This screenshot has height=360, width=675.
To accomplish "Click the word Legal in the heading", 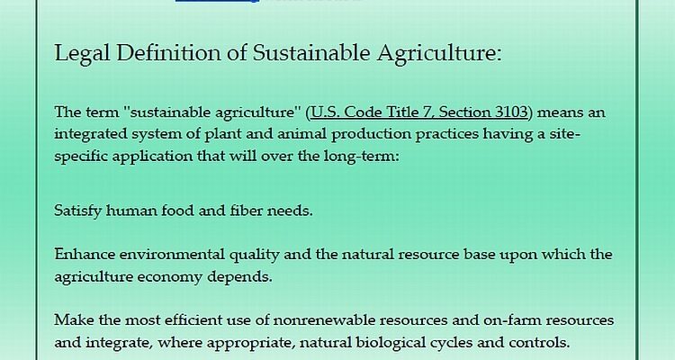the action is click(x=82, y=53).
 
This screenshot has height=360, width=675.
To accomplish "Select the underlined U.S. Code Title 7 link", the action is click(x=418, y=112).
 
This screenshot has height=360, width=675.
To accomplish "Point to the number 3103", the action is click(x=511, y=112).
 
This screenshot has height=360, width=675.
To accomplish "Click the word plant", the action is click(x=223, y=134).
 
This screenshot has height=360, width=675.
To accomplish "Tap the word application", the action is click(x=152, y=156).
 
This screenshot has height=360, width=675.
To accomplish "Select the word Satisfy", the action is click(x=77, y=211).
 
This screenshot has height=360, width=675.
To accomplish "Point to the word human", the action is click(x=131, y=211).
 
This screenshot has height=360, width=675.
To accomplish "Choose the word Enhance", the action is click(x=85, y=254).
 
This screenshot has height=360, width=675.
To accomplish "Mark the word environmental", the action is click(x=172, y=254).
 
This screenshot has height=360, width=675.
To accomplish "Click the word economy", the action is click(x=169, y=277).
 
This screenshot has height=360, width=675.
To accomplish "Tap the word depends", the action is click(x=239, y=276).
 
